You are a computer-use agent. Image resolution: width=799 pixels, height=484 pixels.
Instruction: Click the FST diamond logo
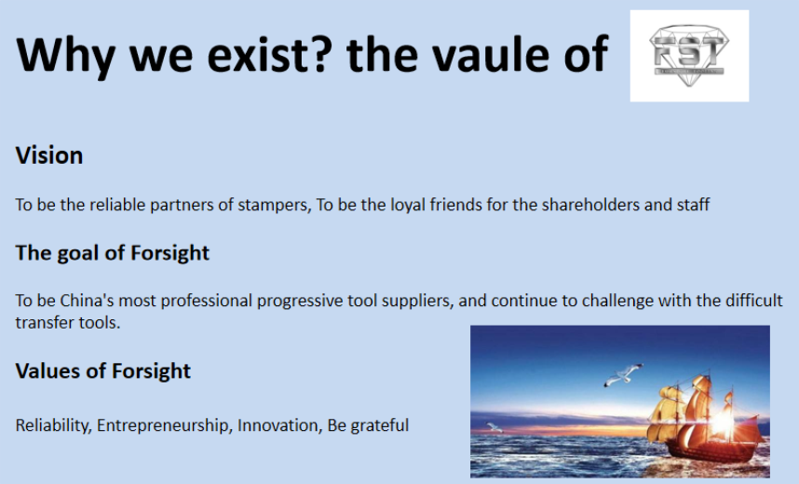(x=689, y=55)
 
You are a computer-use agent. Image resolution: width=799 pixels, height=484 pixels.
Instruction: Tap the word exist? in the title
(x=269, y=54)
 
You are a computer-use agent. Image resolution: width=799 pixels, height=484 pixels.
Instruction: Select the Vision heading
(x=49, y=155)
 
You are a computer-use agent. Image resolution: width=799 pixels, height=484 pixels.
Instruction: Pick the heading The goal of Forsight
(x=112, y=253)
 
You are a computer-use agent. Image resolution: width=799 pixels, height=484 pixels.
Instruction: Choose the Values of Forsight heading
(x=103, y=370)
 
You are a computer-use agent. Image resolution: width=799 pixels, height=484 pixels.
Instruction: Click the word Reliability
(x=53, y=425)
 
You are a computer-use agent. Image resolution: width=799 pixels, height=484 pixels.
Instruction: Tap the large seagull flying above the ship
(x=624, y=375)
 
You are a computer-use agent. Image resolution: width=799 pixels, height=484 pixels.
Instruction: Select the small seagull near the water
(x=494, y=427)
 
